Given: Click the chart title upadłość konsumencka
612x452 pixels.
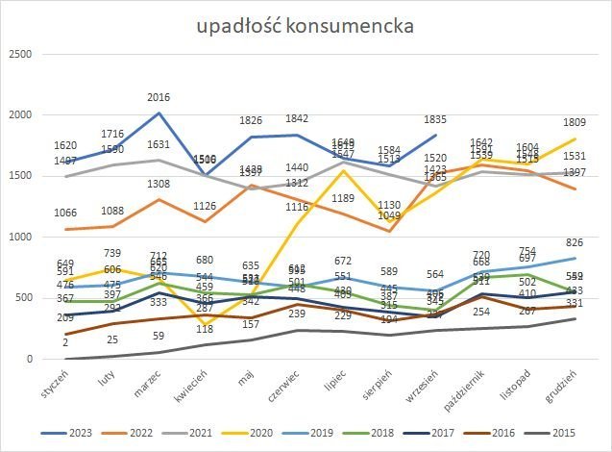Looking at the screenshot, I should click(306, 25).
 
